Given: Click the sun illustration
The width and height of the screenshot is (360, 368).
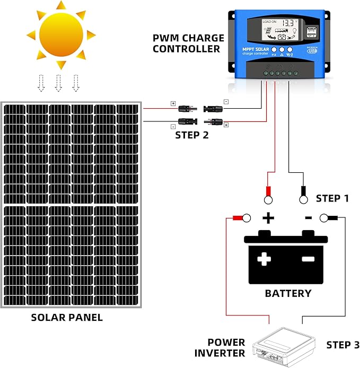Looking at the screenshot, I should coord(60,33).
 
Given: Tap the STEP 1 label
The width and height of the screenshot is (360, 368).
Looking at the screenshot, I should coord(332,198).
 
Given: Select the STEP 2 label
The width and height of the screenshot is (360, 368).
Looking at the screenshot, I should coord(192,135).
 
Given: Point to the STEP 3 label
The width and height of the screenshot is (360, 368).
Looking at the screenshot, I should coord(339,345).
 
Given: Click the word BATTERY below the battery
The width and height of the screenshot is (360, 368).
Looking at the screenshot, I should coord(288,293).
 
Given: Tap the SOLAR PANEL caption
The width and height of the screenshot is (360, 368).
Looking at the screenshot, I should coord(67,318).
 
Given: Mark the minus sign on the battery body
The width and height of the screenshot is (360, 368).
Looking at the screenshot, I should coord(308,259).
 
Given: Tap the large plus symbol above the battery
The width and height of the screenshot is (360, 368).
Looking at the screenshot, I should coord(269,217).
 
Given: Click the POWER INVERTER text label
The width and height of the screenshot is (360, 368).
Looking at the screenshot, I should coord(226,348).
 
